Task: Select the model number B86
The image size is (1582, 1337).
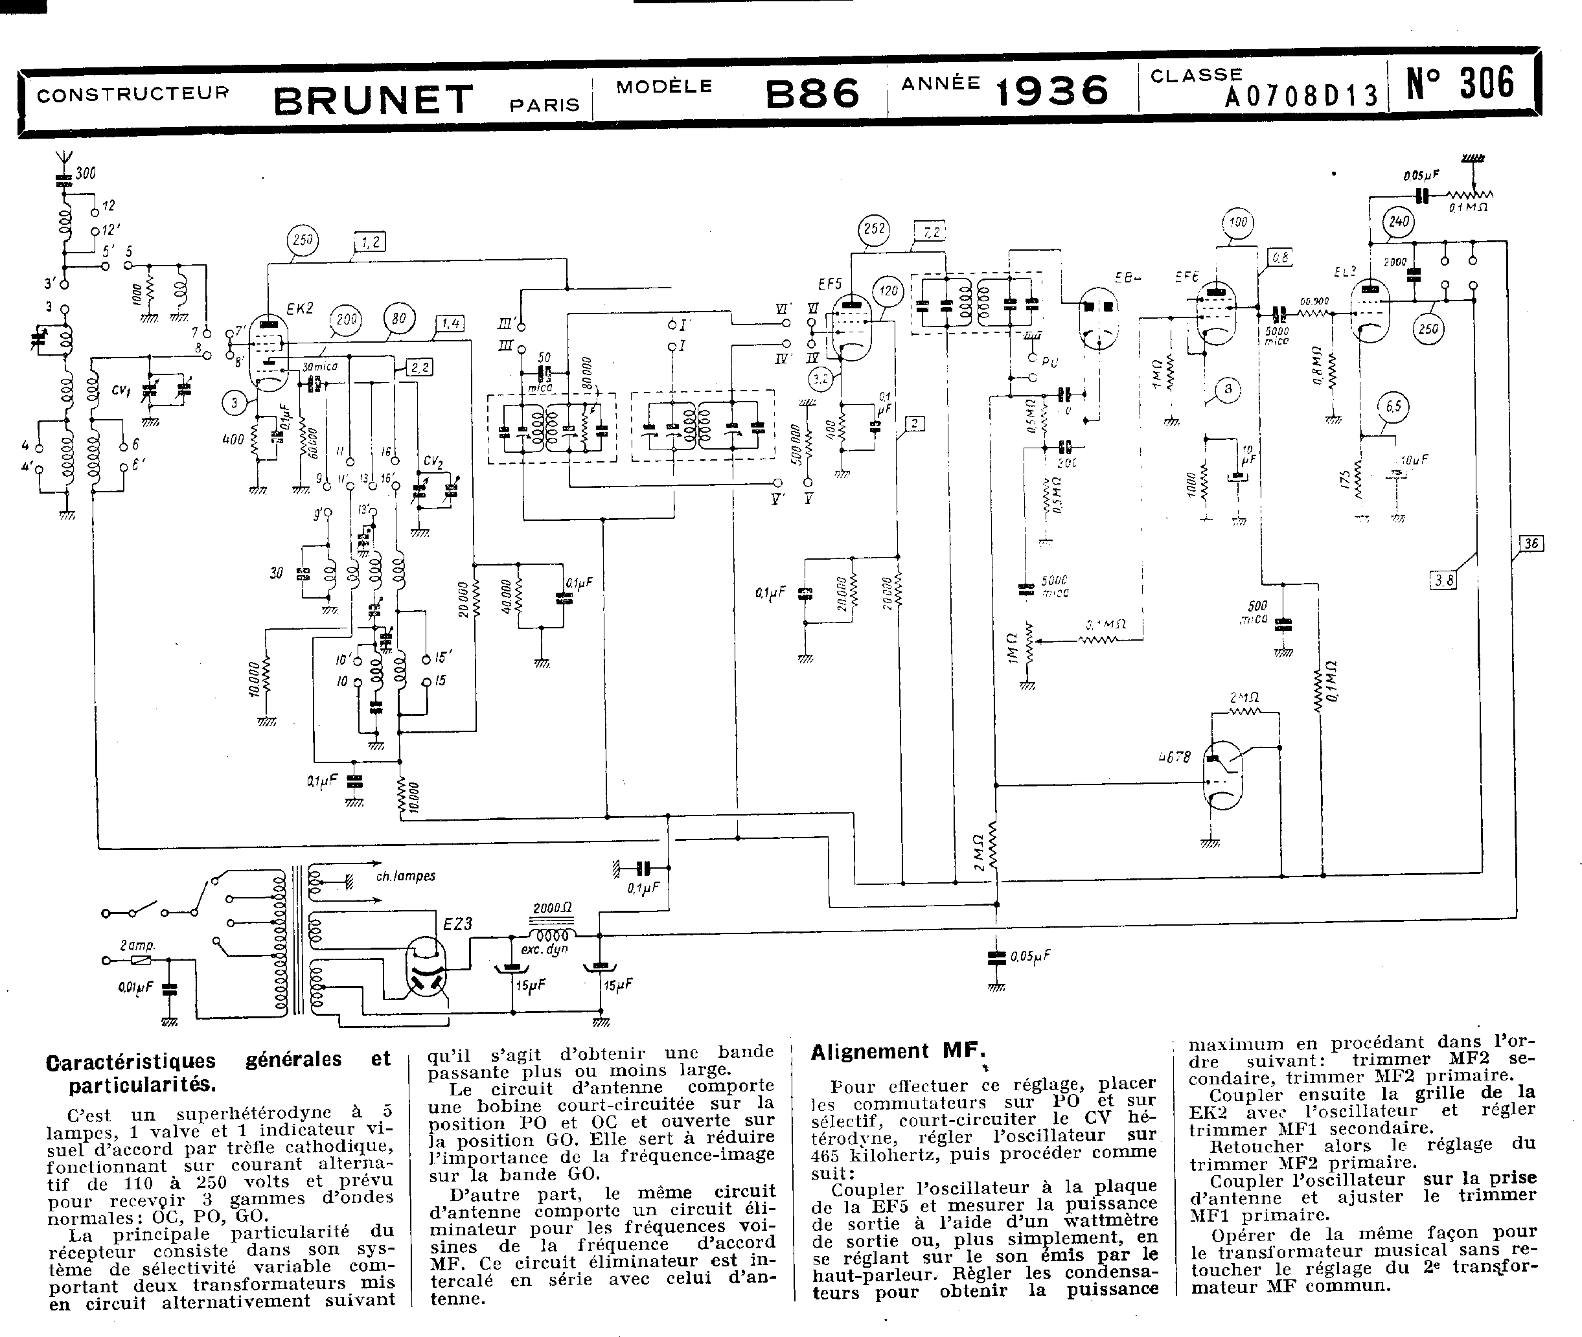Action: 812,94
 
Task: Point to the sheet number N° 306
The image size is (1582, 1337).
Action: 1460,84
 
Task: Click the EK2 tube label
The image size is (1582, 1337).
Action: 299,308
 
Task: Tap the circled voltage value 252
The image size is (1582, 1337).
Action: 874,228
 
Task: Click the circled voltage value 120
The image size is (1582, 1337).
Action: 888,290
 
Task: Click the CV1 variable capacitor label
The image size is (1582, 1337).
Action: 120,391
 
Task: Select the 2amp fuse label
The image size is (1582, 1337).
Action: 137,945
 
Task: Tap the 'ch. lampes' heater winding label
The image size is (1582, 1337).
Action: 406,876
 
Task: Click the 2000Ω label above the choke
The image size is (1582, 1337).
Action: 552,908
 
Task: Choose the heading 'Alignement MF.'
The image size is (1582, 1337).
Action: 899,1052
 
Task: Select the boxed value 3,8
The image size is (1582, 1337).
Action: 1444,581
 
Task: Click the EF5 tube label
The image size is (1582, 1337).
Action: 830,284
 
